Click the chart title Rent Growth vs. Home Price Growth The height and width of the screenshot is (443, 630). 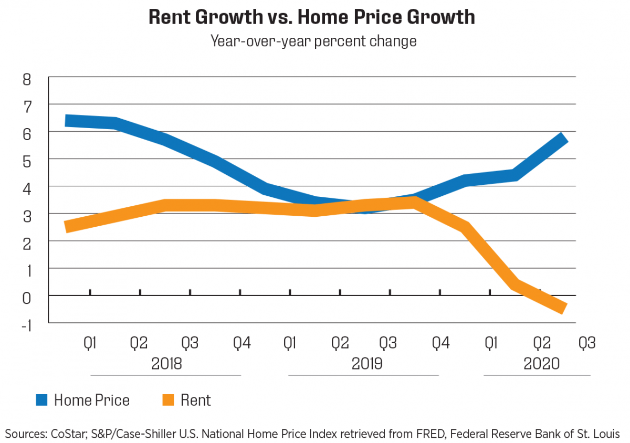pos(311,17)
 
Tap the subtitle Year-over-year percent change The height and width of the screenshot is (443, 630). pos(313,40)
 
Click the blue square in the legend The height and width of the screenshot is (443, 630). pos(42,400)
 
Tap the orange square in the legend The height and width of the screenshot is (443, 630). pos(167,400)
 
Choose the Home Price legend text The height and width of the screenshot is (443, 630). pos(91,400)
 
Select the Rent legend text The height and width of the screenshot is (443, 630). pos(195,400)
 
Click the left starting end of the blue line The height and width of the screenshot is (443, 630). pos(66,121)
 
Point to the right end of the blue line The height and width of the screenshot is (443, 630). pos(565,138)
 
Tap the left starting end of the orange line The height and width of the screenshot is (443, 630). pos(66,227)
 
